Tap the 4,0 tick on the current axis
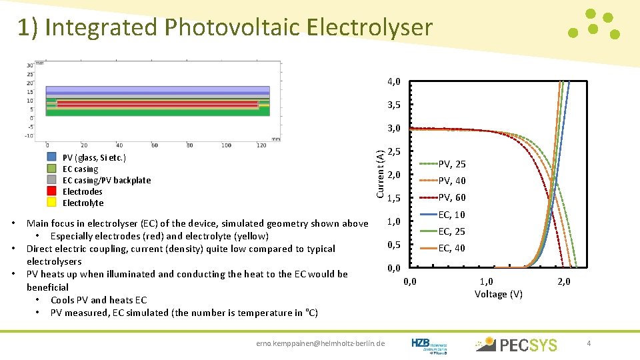click(393, 81)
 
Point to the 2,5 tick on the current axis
click(393, 151)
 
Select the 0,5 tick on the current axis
click(393, 245)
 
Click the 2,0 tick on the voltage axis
click(564, 281)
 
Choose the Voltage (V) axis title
click(498, 294)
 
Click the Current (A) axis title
click(379, 173)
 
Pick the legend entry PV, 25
click(451, 164)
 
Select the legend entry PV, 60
click(451, 197)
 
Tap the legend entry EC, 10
click(451, 215)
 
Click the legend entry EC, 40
click(451, 248)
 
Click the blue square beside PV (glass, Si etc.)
click(51, 157)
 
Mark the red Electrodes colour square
click(51, 191)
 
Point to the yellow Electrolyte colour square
click(51, 203)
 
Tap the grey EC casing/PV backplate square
click(51, 180)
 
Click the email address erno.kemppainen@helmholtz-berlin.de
click(321, 343)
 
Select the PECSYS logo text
click(528, 345)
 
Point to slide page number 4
click(589, 343)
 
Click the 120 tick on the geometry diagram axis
click(261, 145)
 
